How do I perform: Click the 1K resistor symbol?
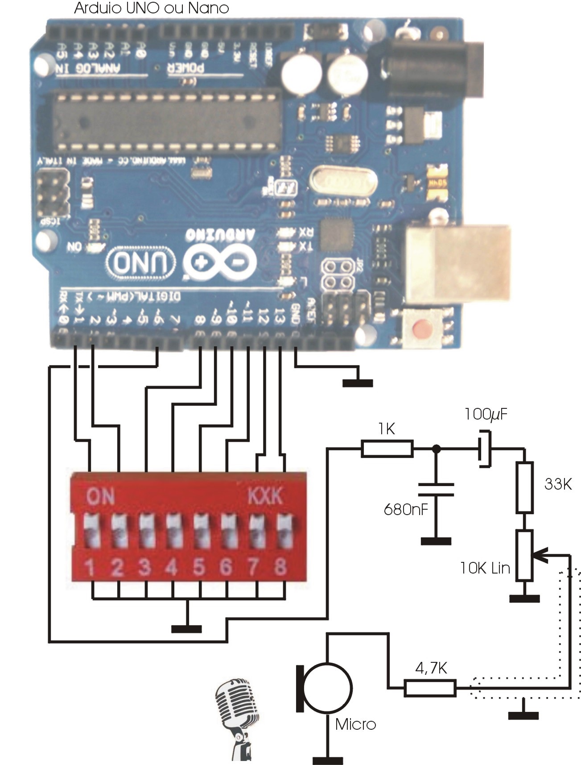(387, 449)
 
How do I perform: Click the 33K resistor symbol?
(524, 487)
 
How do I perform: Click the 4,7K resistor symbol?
(430, 688)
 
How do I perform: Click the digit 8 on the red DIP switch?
(280, 567)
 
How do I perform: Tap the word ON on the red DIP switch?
(100, 496)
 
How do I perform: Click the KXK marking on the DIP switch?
(265, 496)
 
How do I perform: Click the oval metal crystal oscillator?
(343, 181)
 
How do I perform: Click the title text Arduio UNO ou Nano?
(151, 8)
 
